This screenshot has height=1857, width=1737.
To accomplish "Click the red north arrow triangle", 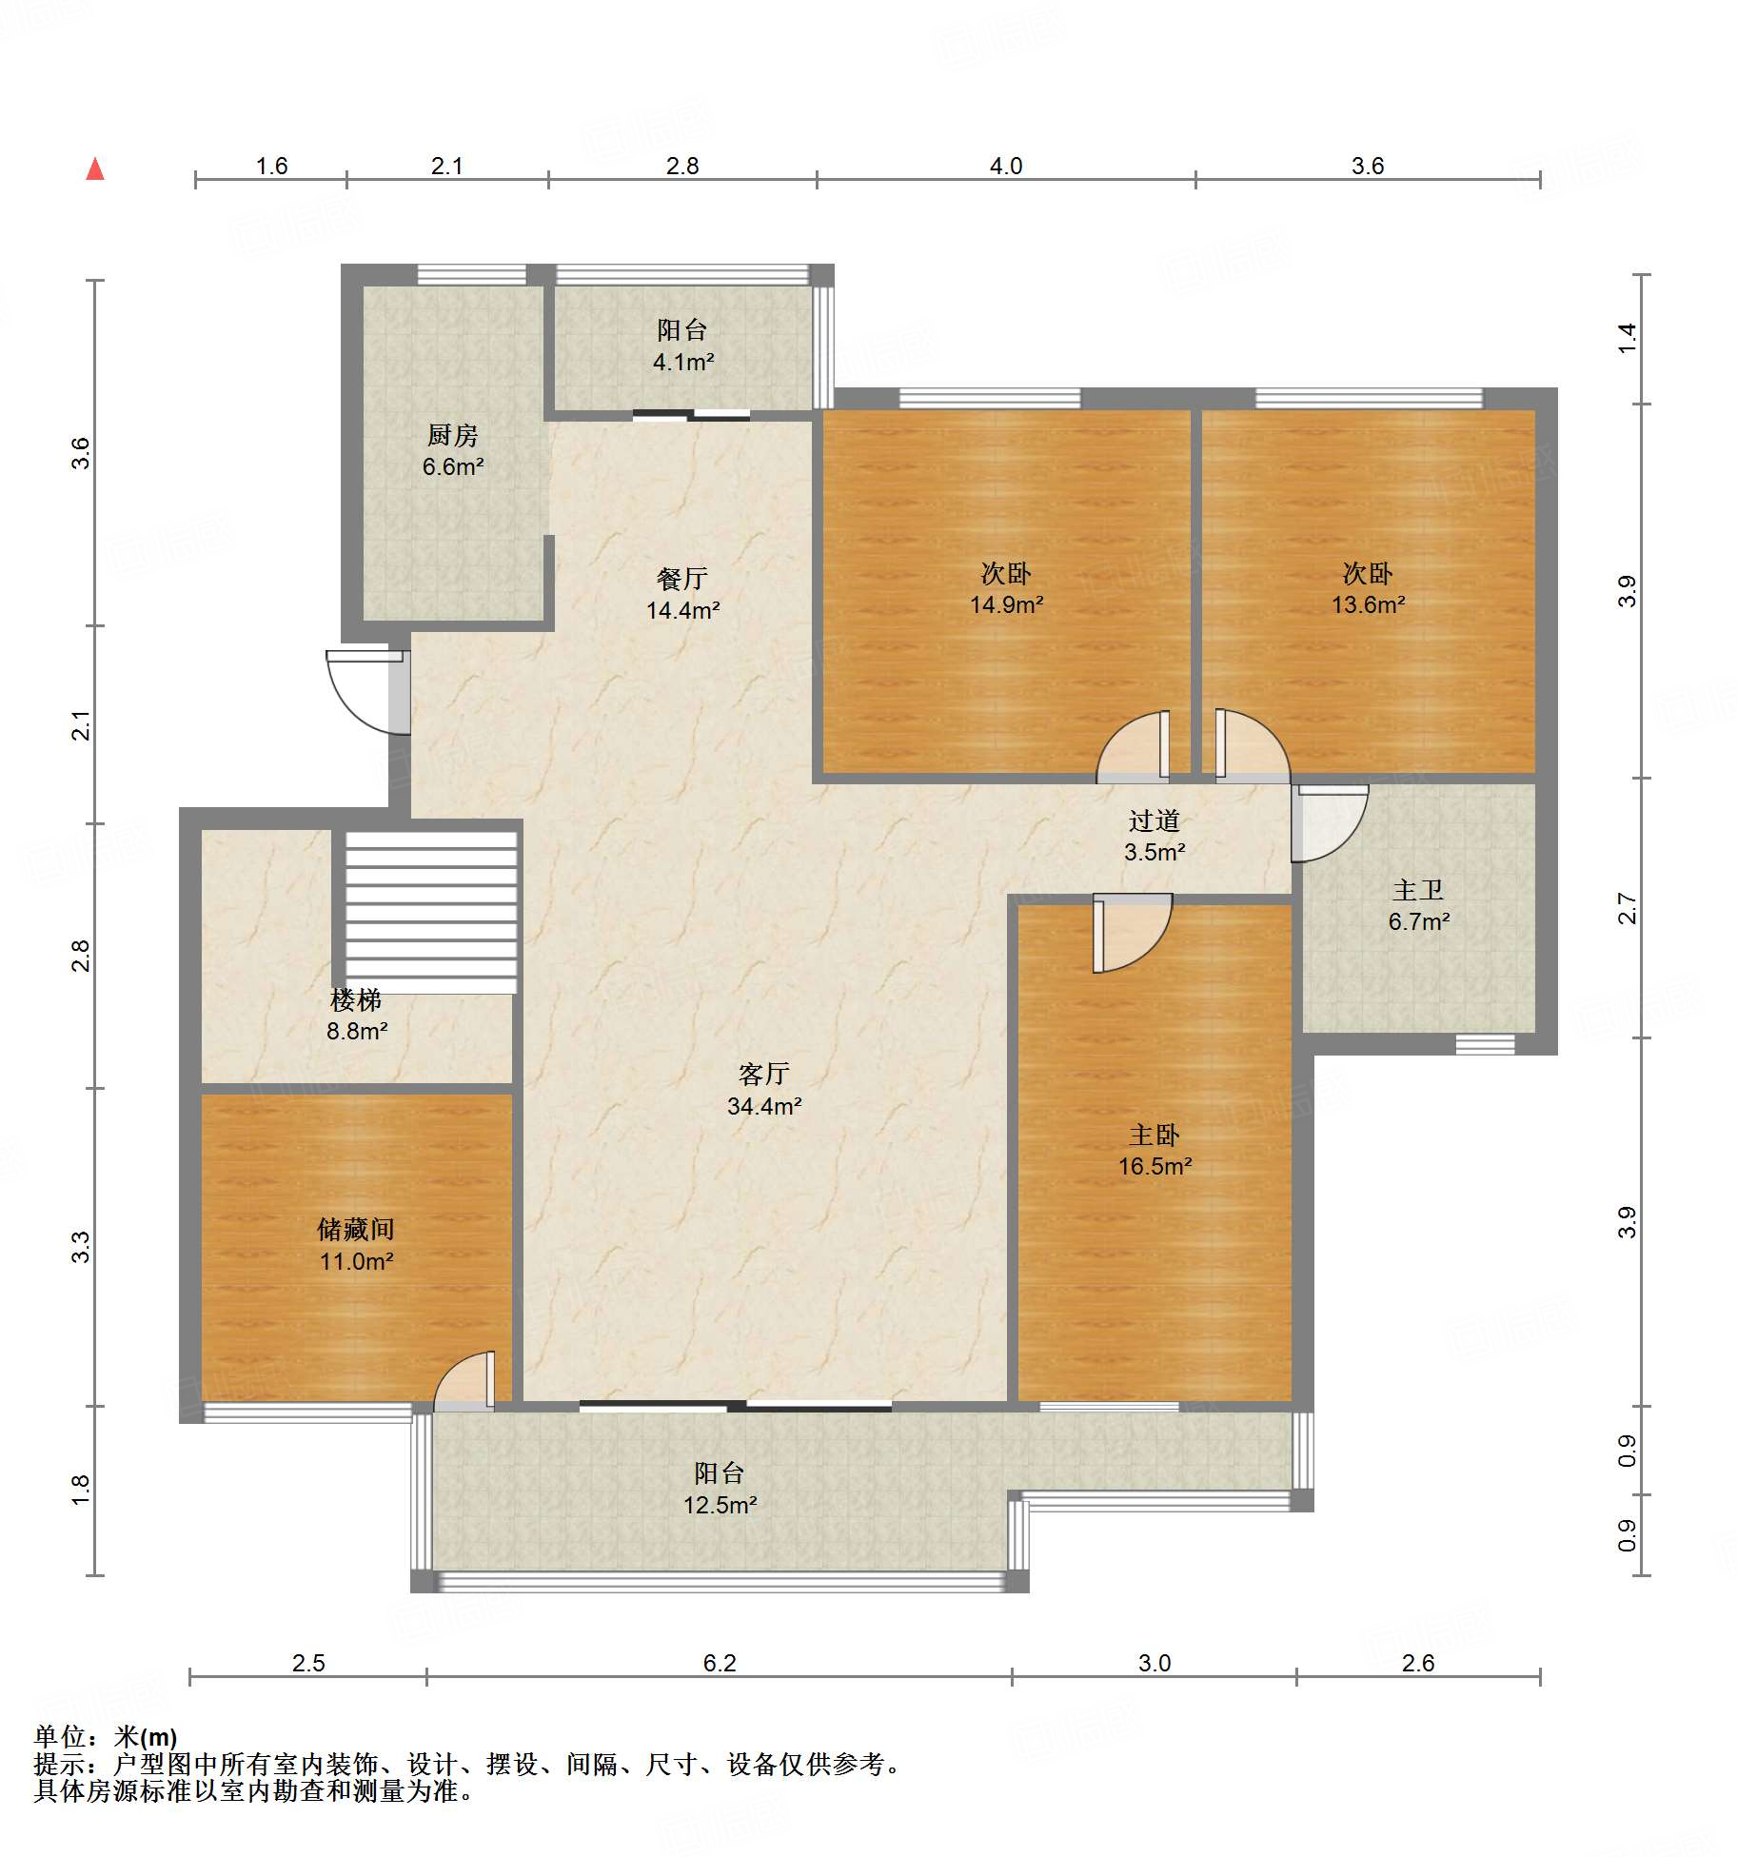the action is pos(95,169).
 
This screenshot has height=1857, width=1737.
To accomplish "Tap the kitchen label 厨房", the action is pos(452,435).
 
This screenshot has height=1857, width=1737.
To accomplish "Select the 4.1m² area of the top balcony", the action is pos(683,362).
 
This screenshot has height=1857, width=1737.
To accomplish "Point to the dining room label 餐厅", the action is pos(682,578).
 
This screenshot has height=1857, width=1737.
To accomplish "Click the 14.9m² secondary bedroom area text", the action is pos(1006,604).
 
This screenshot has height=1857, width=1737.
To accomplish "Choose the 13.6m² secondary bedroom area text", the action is pos(1368,604).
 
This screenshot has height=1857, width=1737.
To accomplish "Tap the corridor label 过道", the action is pos(1155,820).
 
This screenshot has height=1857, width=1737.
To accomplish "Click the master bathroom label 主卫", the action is pos(1418,890).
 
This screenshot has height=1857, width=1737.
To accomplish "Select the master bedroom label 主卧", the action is pos(1155,1135).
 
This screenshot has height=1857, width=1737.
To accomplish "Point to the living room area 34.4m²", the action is pos(764,1106).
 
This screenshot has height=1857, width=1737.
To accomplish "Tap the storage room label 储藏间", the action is pos(356,1229).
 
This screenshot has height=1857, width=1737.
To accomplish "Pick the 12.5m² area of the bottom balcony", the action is pos(720,1505).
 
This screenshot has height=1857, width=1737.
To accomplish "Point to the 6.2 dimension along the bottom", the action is pos(720,1663).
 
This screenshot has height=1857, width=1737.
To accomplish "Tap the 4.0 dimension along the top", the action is pos(1006,166).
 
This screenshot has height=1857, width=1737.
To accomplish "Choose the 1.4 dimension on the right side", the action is pos(1627,338).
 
